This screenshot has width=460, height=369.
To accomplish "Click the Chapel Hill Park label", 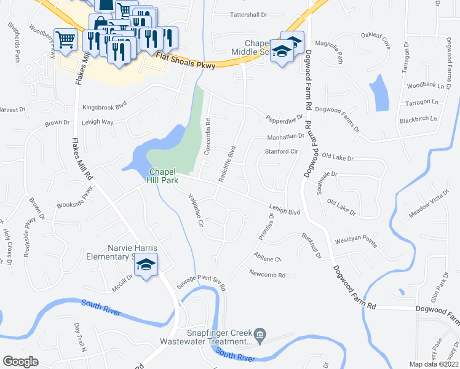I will [x=162, y=175].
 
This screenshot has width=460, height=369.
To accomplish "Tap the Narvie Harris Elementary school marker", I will [x=146, y=265].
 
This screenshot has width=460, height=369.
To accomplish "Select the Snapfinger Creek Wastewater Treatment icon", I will [x=260, y=336].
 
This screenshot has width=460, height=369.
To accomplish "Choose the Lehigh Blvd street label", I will [x=284, y=210].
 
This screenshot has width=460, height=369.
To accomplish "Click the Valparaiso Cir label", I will [x=195, y=210].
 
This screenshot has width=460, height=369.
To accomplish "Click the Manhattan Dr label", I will [x=285, y=137].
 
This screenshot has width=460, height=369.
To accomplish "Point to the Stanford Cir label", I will [x=281, y=151].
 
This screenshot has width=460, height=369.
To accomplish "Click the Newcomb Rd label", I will [x=268, y=274].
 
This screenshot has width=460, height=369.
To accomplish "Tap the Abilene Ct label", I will [x=267, y=258].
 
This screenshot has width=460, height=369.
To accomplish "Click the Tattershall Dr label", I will [x=248, y=14].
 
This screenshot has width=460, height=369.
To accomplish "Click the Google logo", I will [x=20, y=362].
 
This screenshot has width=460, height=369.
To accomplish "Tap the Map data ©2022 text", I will [x=434, y=364].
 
